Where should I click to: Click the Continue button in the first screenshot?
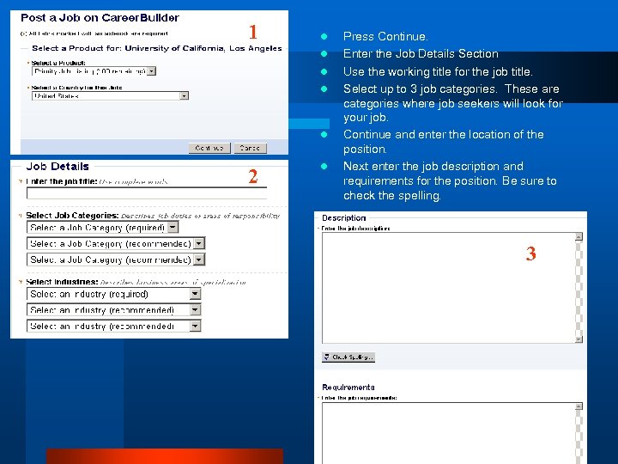point(210,148)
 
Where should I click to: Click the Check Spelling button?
point(348,357)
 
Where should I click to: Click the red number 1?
point(252,33)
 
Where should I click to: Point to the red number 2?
point(252,177)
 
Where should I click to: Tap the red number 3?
point(530,253)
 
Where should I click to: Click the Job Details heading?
point(58,167)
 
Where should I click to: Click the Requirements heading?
point(348,388)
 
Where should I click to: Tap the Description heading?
point(343,218)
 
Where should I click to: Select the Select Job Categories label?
point(72,216)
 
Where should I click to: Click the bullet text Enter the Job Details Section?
point(421,53)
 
